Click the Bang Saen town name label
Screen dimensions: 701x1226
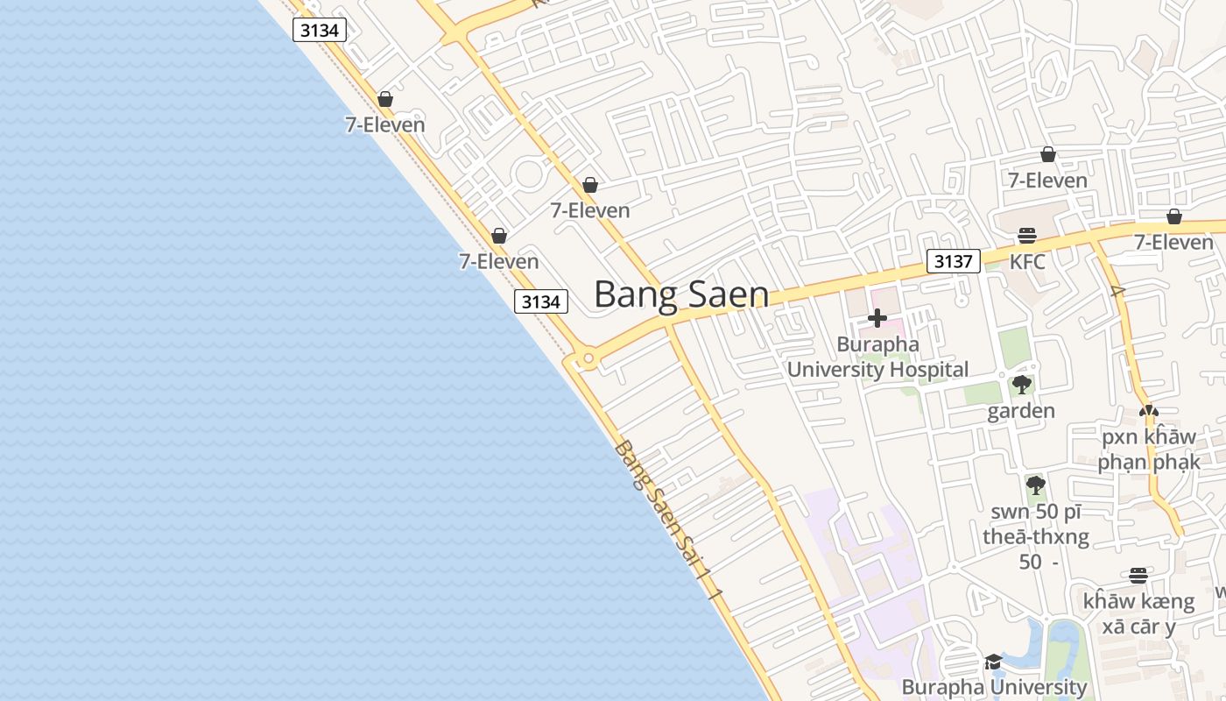(681, 294)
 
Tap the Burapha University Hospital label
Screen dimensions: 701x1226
(877, 357)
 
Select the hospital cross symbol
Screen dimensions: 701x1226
(877, 318)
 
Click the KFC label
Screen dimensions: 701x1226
(1027, 262)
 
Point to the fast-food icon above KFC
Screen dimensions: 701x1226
(1027, 236)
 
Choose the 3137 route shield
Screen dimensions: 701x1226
(953, 261)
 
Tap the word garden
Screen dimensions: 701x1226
(1021, 411)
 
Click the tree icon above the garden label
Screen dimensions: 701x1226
(1021, 384)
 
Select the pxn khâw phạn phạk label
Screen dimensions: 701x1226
(1149, 449)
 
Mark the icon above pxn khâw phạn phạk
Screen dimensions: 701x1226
(1148, 410)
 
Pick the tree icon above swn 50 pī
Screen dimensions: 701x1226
(1035, 484)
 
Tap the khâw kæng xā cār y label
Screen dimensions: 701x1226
(1138, 613)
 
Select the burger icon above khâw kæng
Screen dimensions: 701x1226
(1138, 576)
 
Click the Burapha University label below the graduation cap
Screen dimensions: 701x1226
(994, 687)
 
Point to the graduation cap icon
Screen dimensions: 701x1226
(993, 662)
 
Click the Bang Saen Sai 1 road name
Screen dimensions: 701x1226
(669, 522)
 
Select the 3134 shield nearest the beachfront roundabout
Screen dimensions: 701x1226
(540, 301)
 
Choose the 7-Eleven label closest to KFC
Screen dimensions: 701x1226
(1047, 181)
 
